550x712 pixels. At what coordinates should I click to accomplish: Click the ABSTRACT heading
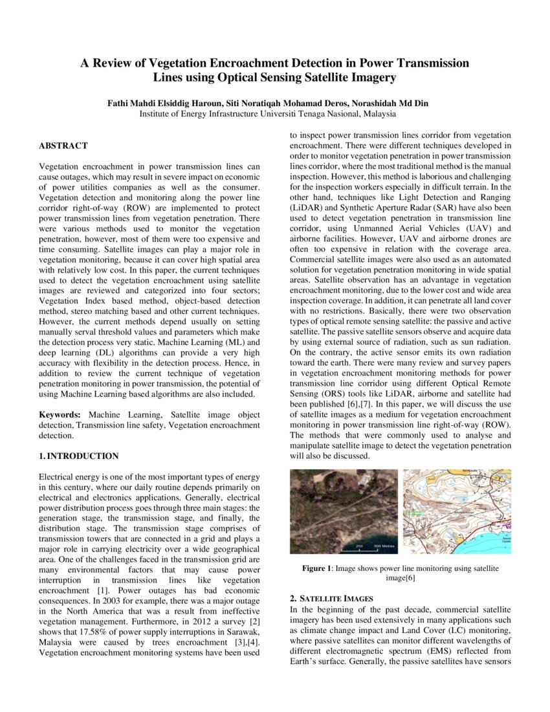point(63,146)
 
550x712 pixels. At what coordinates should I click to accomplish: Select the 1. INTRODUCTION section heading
point(78,456)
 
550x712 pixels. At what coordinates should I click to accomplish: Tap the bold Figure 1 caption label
point(316,568)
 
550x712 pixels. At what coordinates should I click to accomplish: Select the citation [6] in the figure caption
point(409,579)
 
